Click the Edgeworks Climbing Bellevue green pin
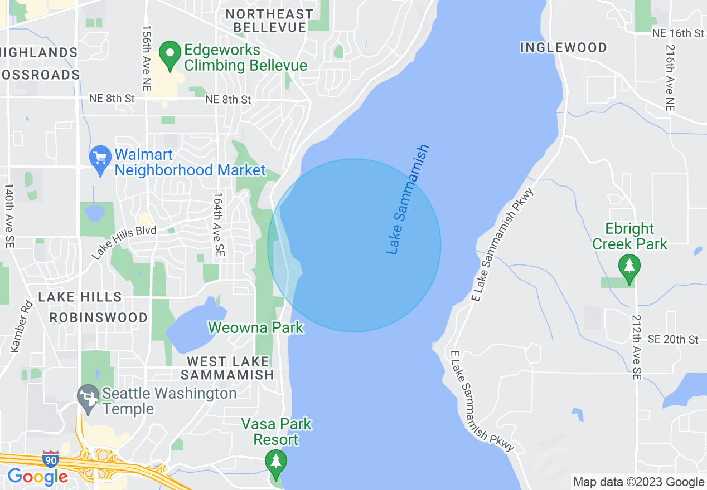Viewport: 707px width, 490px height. tap(170, 54)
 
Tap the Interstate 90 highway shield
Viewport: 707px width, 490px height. tap(50, 459)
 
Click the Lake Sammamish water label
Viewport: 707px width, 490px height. tap(408, 200)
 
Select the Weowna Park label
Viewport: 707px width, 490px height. tap(256, 327)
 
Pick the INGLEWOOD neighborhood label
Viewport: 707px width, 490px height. tap(563, 48)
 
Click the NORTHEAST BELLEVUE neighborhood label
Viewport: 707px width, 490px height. tap(270, 21)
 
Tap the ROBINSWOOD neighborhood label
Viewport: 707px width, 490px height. tap(99, 317)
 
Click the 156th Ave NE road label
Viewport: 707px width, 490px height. tap(147, 58)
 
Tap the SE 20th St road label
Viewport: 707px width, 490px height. tap(673, 340)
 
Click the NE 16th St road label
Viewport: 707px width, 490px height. tap(678, 34)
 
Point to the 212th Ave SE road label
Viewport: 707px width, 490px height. tap(636, 346)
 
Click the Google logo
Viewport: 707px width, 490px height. tap(37, 477)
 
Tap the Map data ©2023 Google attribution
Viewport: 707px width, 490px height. tap(639, 482)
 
